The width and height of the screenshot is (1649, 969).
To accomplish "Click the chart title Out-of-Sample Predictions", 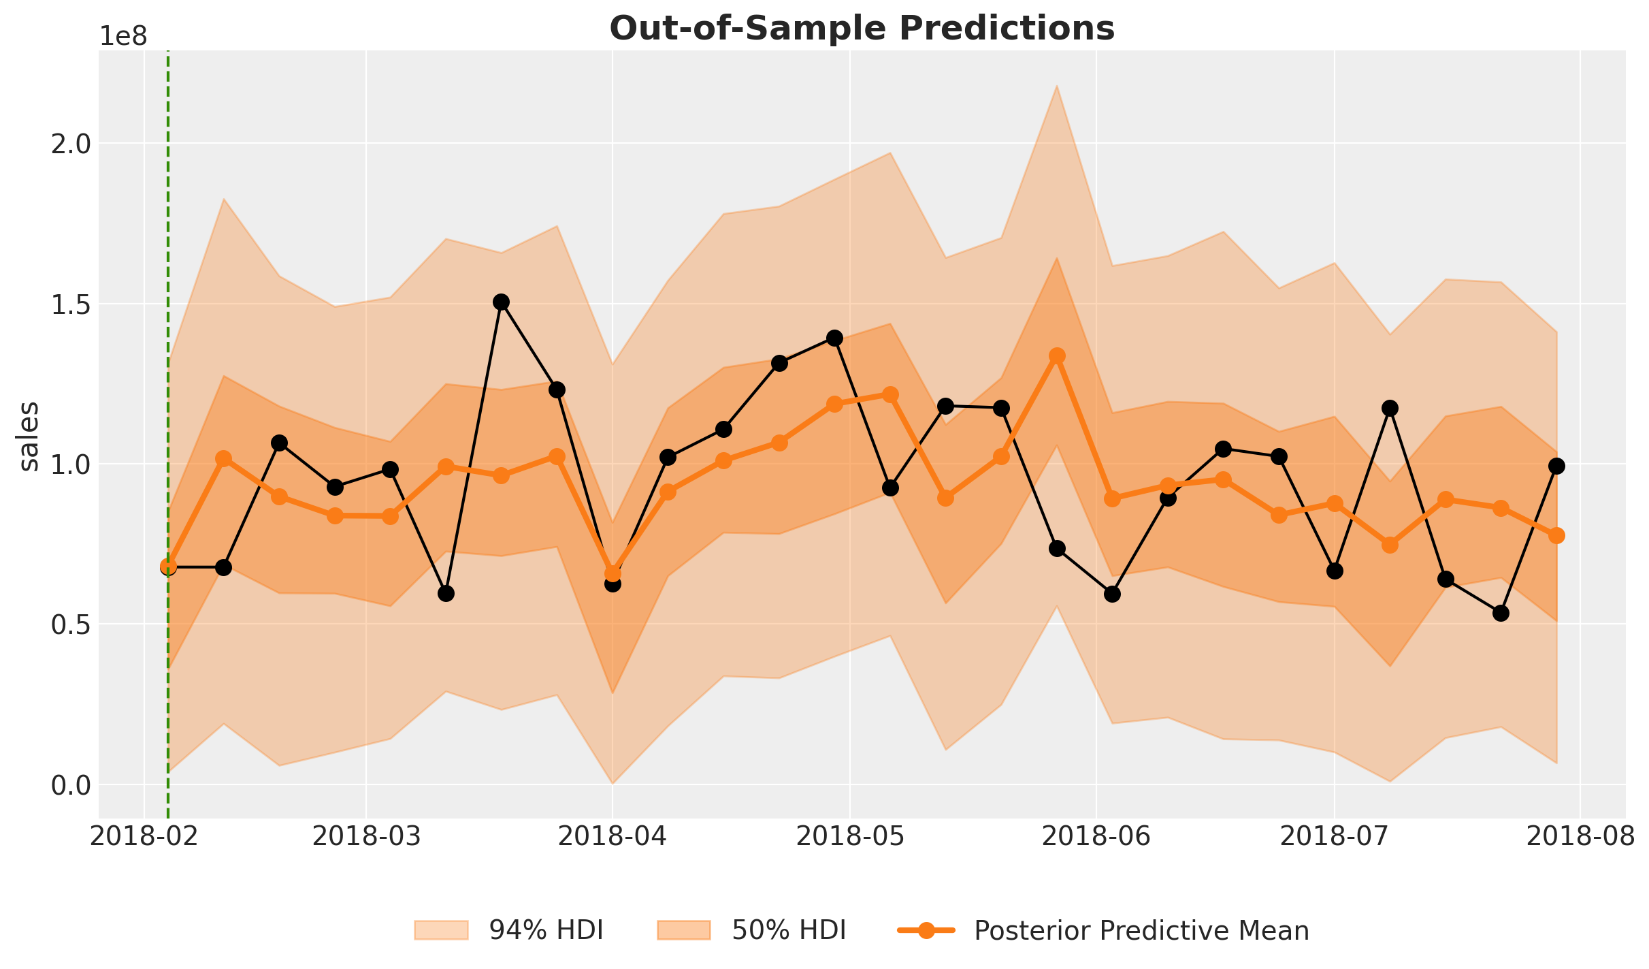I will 862,29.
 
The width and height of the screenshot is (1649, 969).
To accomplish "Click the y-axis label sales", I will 29,436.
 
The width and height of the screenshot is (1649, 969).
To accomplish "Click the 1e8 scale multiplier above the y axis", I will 123,37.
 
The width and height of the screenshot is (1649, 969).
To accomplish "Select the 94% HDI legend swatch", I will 441,930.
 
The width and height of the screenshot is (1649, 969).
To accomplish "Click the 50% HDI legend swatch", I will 683,930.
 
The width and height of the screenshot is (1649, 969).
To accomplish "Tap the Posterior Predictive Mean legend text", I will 1141,931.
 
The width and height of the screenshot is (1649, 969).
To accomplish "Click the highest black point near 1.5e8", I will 502,302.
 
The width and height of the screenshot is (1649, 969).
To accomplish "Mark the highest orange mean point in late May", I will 1057,356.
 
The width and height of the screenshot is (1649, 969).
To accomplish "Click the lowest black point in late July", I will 1501,613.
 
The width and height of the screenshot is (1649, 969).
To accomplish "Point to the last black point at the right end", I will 1556,466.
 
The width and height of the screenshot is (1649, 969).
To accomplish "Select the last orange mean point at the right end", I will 1556,535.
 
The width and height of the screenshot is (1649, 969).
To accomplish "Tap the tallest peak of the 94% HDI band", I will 1057,86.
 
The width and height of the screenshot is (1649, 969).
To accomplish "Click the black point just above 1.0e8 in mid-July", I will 1390,408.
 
